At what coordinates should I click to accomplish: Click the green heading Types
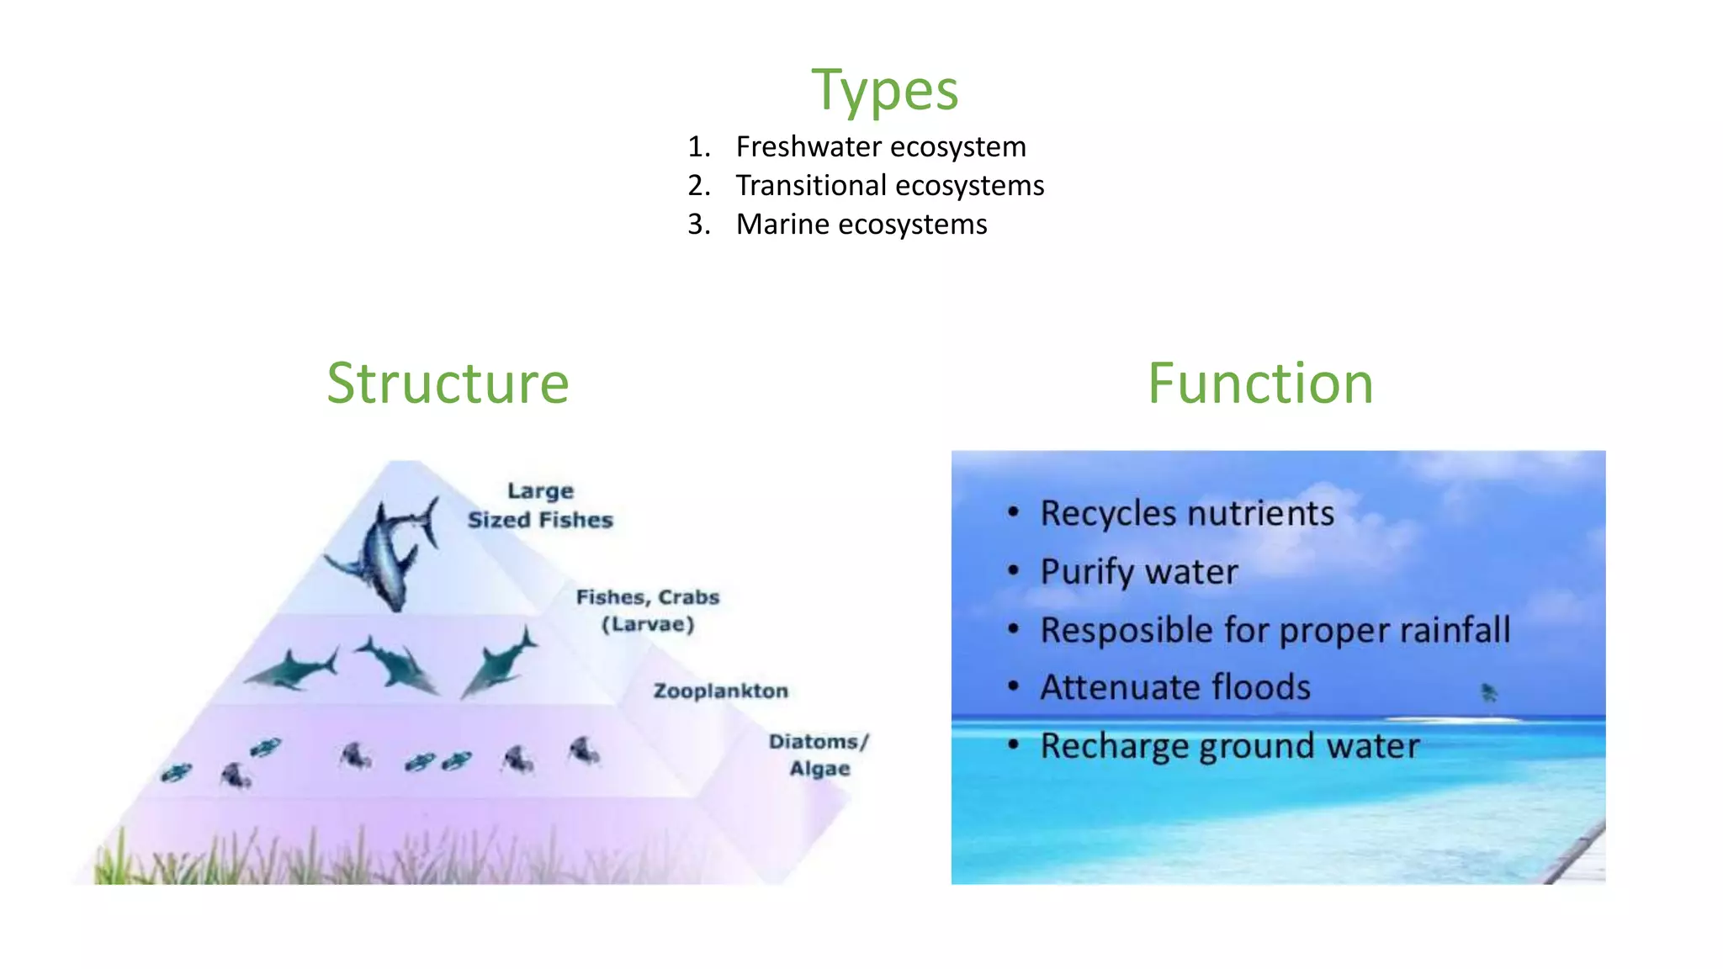[884, 90]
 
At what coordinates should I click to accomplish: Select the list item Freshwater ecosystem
[880, 147]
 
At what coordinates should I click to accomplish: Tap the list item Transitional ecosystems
[889, 186]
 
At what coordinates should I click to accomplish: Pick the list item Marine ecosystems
[861, 225]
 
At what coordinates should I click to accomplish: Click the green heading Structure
[448, 384]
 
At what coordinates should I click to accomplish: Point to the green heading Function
[1259, 384]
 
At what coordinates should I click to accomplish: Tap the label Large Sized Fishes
[540, 506]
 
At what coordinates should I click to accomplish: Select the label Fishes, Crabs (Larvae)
[647, 610]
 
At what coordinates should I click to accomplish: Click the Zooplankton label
[721, 691]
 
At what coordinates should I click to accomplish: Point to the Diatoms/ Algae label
[818, 755]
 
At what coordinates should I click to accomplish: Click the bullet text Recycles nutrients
[1186, 514]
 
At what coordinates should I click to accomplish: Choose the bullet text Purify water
[1138, 572]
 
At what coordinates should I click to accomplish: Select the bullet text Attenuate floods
[1174, 688]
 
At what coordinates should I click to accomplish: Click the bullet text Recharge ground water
[1229, 746]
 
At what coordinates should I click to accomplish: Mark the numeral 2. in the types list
[698, 186]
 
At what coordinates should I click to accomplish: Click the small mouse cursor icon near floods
[1488, 692]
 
